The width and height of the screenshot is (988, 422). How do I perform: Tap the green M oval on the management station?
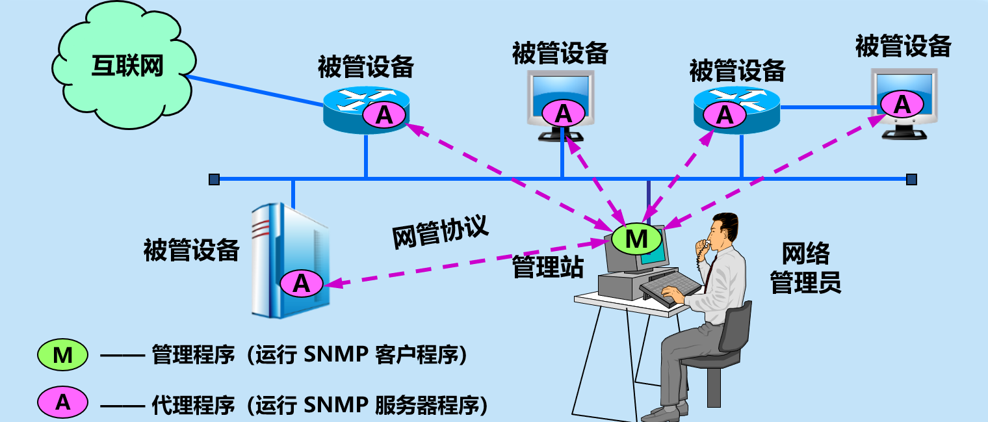[636, 239]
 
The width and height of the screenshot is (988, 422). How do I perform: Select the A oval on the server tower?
[302, 284]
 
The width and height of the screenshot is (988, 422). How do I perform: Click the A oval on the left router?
[384, 115]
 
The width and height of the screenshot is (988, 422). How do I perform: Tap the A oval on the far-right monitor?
[902, 104]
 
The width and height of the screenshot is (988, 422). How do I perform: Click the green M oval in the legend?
[62, 355]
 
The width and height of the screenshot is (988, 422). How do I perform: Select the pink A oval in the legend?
[62, 402]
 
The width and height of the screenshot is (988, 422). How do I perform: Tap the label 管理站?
[547, 267]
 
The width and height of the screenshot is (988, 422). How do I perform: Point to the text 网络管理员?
[805, 268]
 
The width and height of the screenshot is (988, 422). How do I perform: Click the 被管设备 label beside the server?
[191, 250]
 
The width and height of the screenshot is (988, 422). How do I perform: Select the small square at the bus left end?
[214, 179]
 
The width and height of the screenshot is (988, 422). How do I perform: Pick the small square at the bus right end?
[911, 179]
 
